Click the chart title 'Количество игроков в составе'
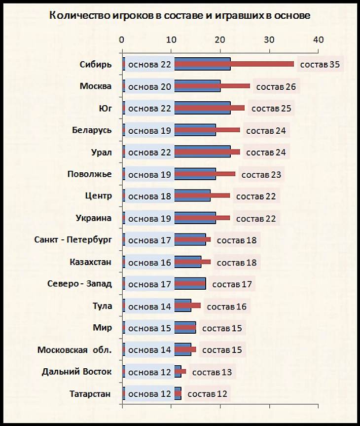pos(180,16)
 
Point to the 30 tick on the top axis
pos(269,39)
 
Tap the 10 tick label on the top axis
pos(171,39)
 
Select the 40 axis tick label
pos(319,39)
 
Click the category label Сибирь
pos(96,64)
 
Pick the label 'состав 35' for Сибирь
pos(321,65)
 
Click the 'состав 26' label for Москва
pos(276,87)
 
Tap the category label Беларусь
pos(92,130)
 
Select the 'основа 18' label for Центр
pos(149,196)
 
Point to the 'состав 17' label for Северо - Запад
pos(232,284)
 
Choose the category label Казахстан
pos(90,262)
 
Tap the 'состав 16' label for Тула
pos(227,307)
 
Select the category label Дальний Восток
pos(77,371)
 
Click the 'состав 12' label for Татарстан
pos(208,394)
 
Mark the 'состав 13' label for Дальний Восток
pos(212,372)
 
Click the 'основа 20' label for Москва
pos(149,87)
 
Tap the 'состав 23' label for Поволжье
pos(262,175)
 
